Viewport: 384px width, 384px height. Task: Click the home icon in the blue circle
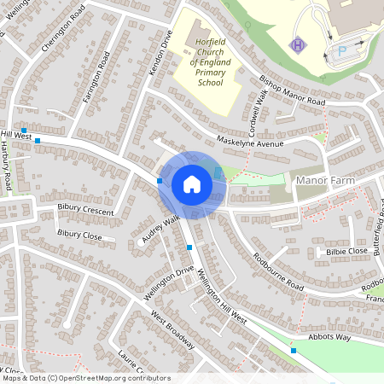point(191,184)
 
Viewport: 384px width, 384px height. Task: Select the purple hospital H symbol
point(298,44)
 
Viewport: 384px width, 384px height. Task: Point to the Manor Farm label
point(325,181)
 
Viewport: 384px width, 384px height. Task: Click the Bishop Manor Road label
point(293,91)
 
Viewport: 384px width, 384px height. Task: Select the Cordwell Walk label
point(255,106)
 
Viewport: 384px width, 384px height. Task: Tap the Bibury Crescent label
point(85,208)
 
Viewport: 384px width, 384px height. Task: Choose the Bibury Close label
point(79,233)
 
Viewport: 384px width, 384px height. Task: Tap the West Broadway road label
point(173,330)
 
